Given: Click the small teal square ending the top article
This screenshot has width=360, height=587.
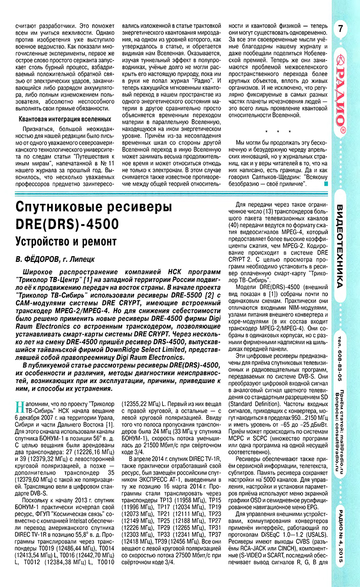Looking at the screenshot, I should point(326,184).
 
